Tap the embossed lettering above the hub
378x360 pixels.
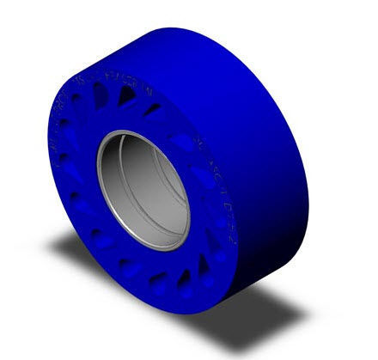pos(129,91)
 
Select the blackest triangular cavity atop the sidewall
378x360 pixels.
pos(125,98)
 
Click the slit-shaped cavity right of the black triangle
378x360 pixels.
pos(153,110)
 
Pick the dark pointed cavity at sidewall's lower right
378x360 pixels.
pos(204,269)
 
